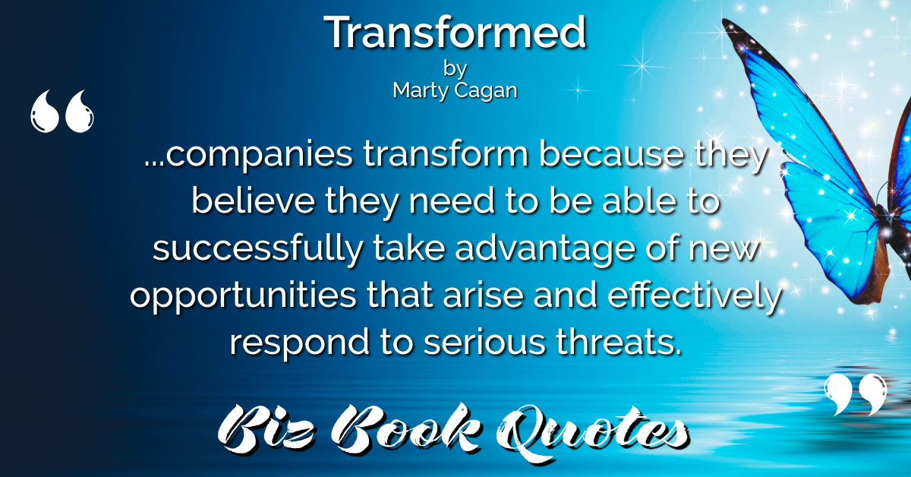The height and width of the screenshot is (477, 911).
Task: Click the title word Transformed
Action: [455, 32]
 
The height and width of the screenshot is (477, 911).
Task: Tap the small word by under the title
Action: [455, 68]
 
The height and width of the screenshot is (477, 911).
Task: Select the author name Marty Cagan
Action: [455, 90]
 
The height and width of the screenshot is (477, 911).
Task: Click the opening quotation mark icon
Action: [61, 111]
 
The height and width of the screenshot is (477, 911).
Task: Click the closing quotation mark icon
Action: [856, 395]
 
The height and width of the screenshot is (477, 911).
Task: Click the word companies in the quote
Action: [259, 155]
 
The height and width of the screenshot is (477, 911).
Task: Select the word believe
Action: [254, 201]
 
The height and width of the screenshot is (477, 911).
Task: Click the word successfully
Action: [258, 248]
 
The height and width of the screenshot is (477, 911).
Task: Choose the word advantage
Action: [544, 248]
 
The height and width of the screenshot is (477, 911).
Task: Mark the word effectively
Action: [695, 295]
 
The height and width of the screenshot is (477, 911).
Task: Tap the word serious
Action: [484, 342]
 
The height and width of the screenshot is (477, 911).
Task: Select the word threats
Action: [618, 341]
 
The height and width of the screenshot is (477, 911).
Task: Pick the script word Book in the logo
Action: [406, 429]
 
